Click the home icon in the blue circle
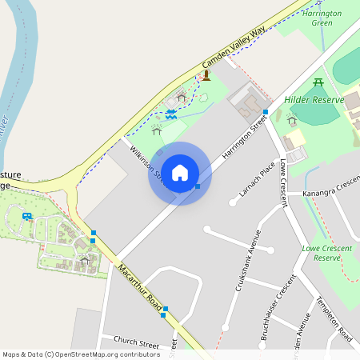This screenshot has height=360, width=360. tap(180, 173)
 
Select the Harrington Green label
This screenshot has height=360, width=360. tap(322, 18)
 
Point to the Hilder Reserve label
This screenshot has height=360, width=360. tap(314, 100)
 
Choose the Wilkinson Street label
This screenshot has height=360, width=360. tap(146, 159)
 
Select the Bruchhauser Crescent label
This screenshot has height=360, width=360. tap(274, 307)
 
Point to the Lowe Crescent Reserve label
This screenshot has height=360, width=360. tap(326, 253)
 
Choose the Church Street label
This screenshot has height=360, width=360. tap(136, 342)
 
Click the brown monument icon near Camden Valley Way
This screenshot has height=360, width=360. tap(206, 75)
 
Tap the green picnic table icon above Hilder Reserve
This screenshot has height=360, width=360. tap(318, 82)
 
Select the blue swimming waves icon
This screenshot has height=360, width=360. tap(171, 114)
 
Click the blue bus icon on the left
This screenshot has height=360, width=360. tap(27, 216)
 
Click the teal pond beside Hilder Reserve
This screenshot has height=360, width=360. tap(320, 114)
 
